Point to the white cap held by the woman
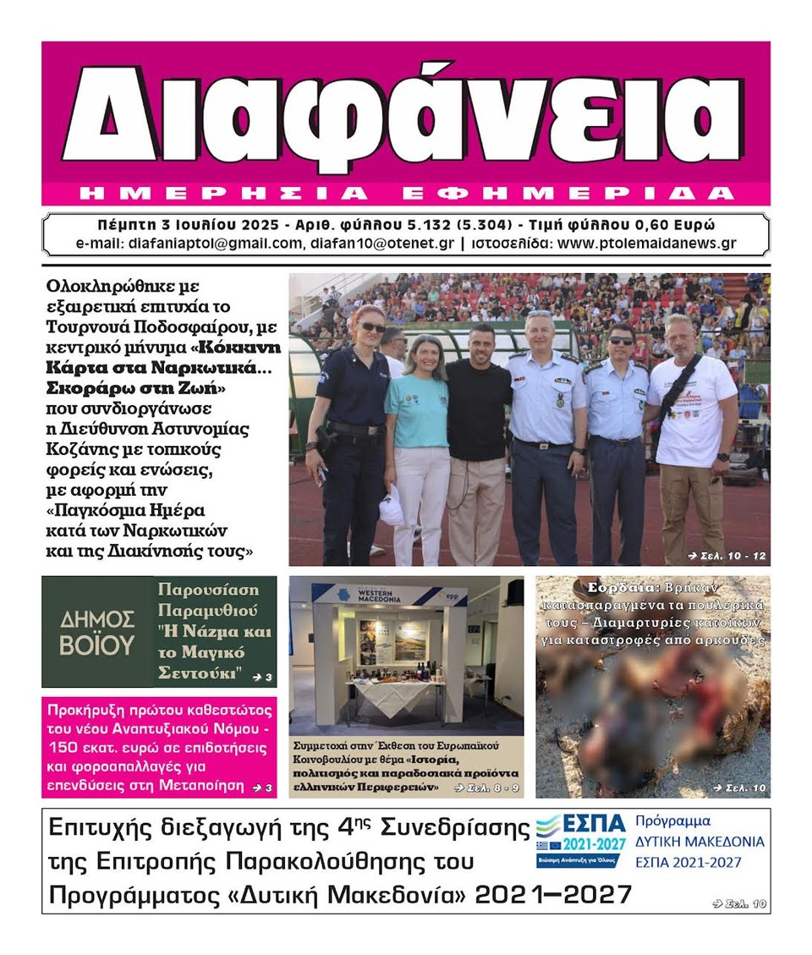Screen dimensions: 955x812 [392, 510]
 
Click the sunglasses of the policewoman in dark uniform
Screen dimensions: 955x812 [370, 327]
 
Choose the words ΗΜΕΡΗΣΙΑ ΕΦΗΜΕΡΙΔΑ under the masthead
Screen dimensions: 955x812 [406, 194]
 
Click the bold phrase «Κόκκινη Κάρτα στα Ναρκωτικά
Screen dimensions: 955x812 [165, 358]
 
